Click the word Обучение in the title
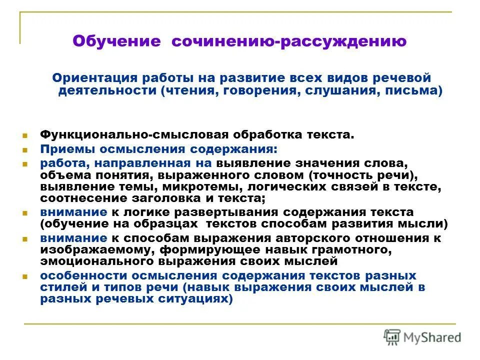pos(115,41)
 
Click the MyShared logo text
pos(432,337)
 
